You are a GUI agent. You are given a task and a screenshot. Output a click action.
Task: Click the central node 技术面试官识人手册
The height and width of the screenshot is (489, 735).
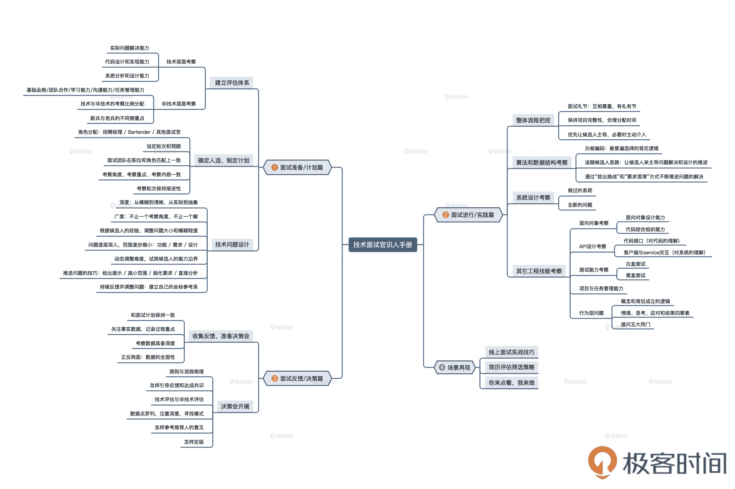click(x=382, y=245)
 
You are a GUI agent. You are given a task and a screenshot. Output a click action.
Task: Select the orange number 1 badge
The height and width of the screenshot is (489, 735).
click(x=274, y=167)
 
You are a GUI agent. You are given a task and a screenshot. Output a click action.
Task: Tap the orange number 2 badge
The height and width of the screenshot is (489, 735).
click(x=445, y=215)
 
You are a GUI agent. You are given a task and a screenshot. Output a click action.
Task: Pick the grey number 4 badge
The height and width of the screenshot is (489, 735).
click(x=442, y=367)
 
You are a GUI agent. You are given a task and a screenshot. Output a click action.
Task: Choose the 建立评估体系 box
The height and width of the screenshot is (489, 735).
click(x=232, y=83)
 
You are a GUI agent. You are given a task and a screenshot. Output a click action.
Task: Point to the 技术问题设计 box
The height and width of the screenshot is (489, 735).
click(x=232, y=244)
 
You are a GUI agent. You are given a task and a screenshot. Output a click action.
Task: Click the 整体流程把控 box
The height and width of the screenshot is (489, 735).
click(x=533, y=120)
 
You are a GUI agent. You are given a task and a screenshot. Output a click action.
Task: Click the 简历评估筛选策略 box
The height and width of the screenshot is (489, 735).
click(x=511, y=367)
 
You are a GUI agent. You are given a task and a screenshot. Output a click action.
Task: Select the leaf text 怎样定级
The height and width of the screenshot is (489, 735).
click(x=194, y=442)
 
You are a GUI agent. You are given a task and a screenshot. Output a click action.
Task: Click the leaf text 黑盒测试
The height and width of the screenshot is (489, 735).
click(x=635, y=275)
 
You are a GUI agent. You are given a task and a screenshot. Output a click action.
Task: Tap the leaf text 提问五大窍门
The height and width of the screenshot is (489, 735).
click(x=635, y=324)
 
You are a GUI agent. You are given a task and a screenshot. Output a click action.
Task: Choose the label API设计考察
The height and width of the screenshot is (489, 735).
click(x=592, y=246)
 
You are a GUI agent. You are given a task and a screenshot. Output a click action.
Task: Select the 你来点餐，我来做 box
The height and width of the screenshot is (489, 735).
click(x=511, y=383)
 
